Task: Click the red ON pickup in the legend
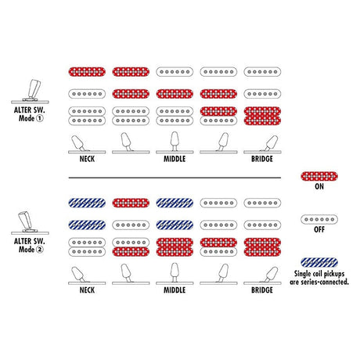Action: tap(319, 176)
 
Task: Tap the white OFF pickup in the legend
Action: tap(319, 219)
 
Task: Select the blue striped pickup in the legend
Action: tap(319, 262)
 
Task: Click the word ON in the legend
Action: tap(319, 186)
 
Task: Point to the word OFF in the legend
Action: tap(319, 229)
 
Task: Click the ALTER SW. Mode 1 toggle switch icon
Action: tap(31, 92)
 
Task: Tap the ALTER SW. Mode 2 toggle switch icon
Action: tap(31, 222)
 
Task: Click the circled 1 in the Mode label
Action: tap(39, 118)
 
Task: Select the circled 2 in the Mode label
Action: tap(39, 250)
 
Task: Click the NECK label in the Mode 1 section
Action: tap(87, 159)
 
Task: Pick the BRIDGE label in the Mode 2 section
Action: tap(262, 290)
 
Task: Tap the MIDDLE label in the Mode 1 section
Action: tap(175, 159)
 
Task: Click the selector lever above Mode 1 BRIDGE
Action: tap(270, 143)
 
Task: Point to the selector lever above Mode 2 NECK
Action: tap(78, 274)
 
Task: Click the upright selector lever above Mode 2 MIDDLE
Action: tap(175, 273)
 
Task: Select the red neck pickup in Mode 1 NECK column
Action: tap(87, 72)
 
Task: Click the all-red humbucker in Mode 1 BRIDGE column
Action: tap(262, 116)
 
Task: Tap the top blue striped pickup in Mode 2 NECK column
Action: tap(87, 203)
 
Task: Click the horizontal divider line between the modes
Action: tap(175, 178)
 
